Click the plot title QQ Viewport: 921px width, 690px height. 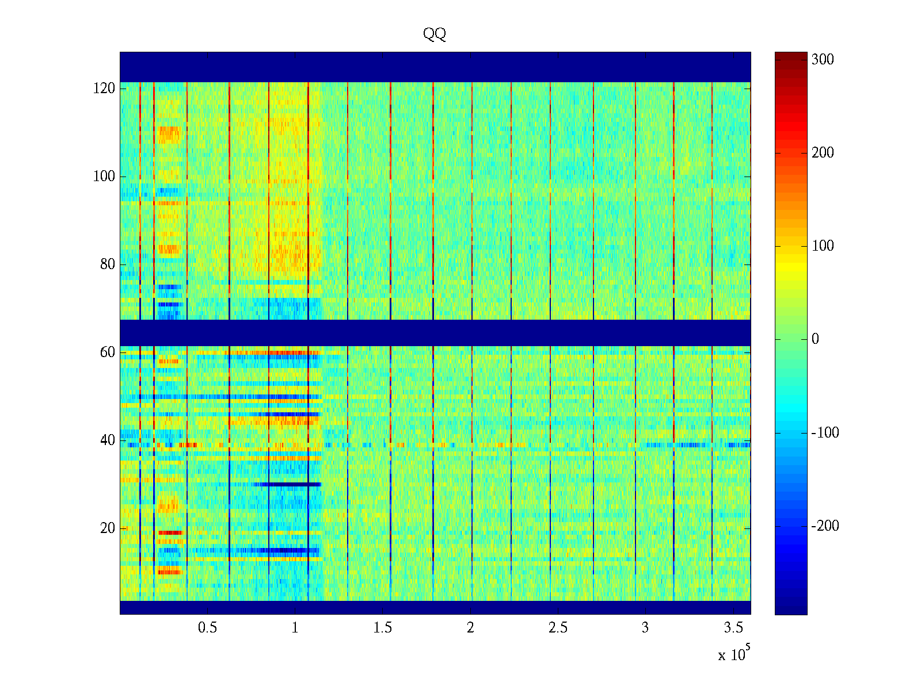[435, 34]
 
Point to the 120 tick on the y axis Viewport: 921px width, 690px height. [104, 89]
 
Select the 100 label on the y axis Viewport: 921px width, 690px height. [104, 177]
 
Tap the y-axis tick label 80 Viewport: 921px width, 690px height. [107, 264]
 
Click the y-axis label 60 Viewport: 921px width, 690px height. [107, 352]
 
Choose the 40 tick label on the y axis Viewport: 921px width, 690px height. [107, 440]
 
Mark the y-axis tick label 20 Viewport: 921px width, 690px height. [107, 528]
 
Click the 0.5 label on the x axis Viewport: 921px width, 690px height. [207, 628]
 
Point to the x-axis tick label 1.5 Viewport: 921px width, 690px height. [383, 628]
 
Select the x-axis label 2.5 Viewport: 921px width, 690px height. [558, 628]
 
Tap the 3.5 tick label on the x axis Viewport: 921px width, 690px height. [733, 628]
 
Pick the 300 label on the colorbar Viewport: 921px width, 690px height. [822, 60]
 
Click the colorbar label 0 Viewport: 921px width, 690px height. [815, 339]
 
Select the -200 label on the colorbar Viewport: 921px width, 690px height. [824, 526]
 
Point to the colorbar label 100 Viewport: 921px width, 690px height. [822, 246]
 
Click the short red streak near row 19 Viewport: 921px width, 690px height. [170, 532]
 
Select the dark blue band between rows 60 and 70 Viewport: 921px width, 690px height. [435, 332]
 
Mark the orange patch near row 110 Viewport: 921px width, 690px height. [169, 135]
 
